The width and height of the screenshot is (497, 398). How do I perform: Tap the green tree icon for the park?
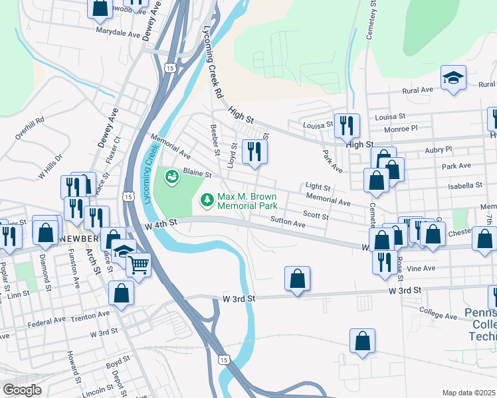click(207, 199)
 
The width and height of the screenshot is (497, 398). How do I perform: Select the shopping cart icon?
click(138, 265)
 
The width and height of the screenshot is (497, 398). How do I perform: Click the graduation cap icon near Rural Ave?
click(453, 78)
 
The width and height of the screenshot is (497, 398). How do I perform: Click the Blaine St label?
click(197, 174)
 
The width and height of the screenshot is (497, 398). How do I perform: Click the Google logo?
click(23, 389)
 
